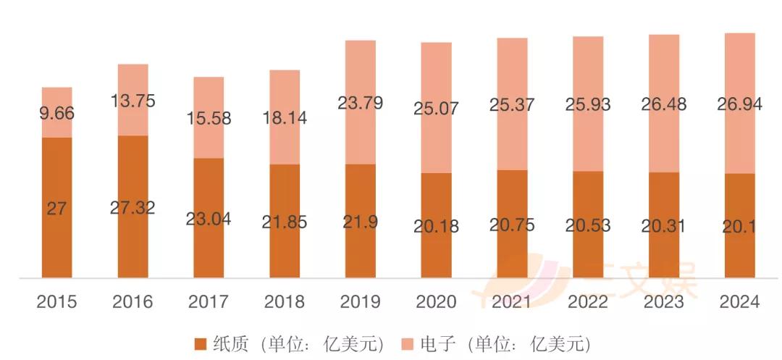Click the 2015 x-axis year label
[56, 302]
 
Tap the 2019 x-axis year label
[360, 302]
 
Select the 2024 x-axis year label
[739, 302]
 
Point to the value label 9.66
[56, 114]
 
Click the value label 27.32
[133, 209]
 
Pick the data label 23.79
[360, 103]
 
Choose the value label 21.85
[285, 222]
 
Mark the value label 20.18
[436, 227]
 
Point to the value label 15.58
[209, 117]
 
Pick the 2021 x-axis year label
[512, 302]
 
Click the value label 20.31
[664, 226]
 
